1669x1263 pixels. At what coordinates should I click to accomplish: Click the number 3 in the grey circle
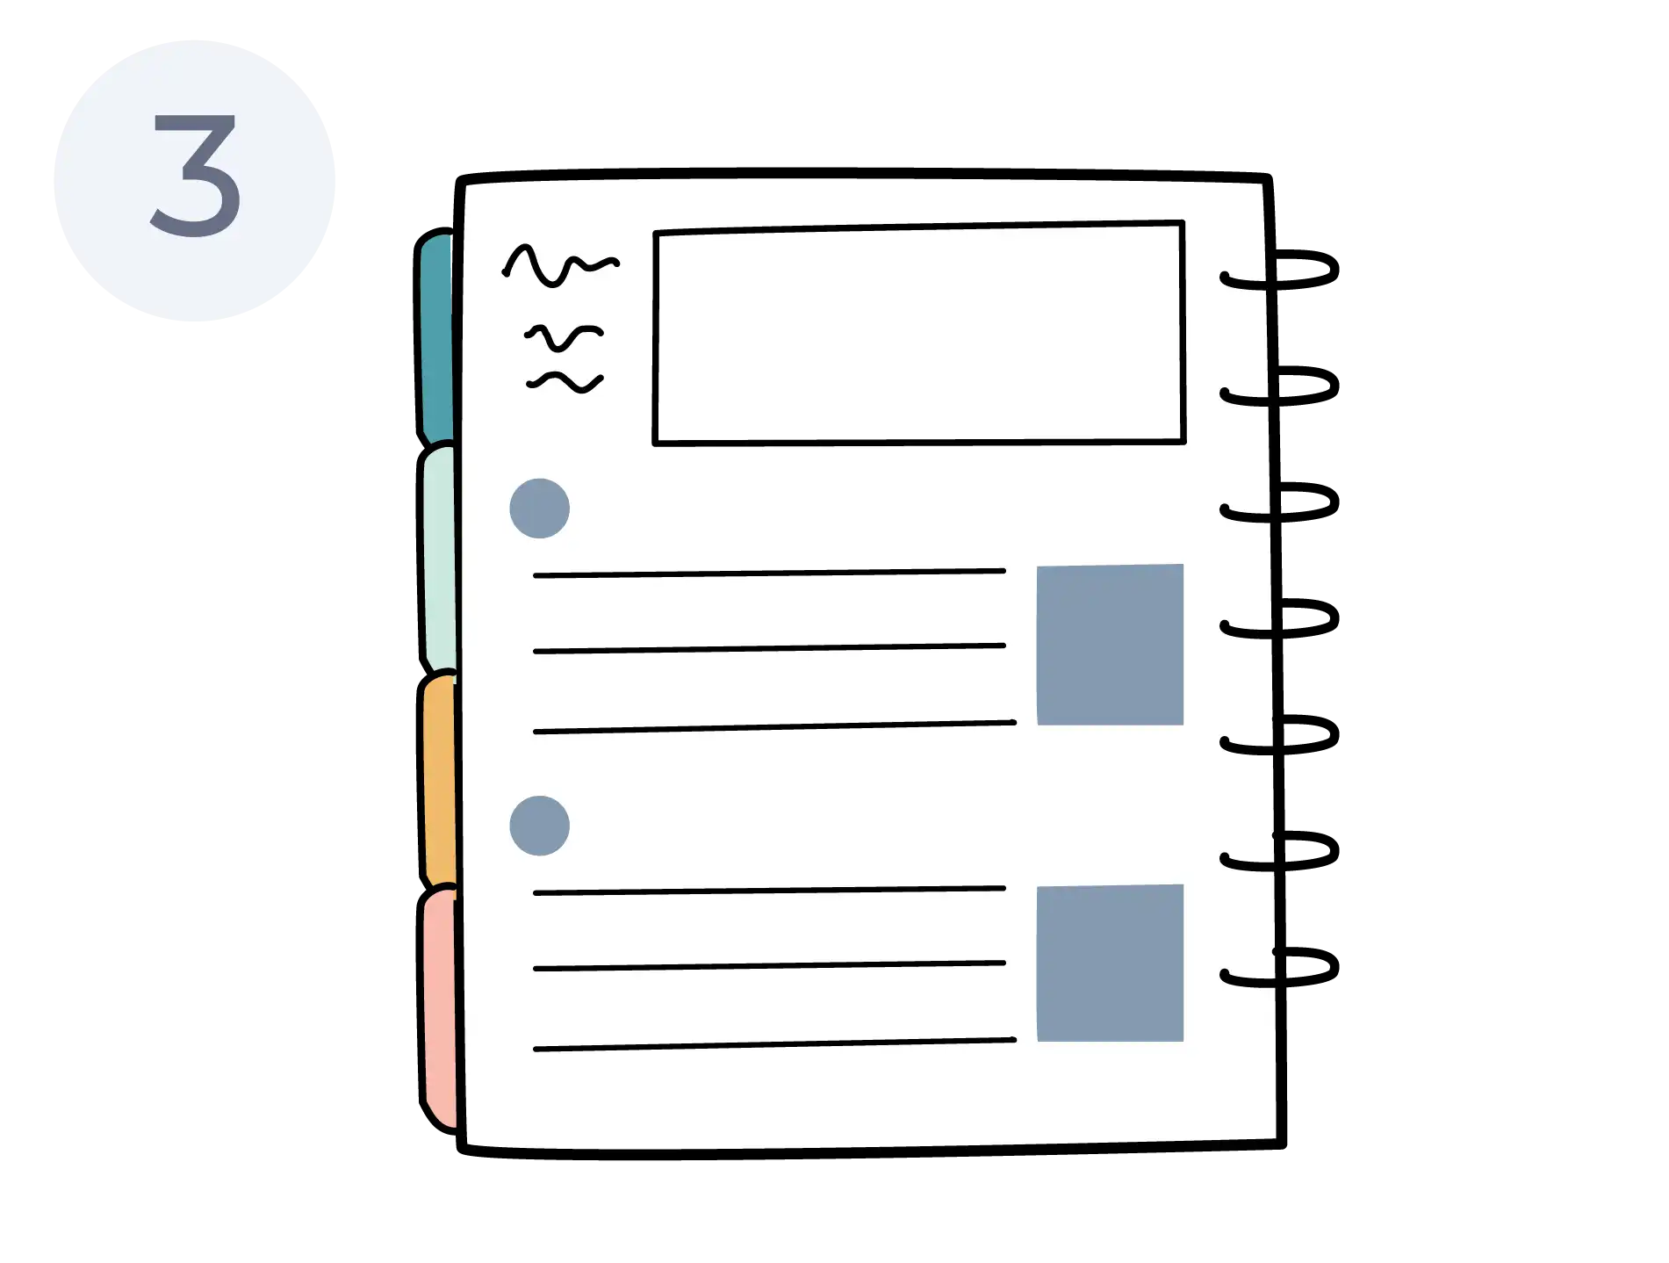pyautogui.click(x=196, y=175)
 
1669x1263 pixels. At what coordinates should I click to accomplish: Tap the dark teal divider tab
pyautogui.click(x=435, y=338)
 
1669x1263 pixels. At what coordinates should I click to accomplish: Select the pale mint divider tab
pyautogui.click(x=438, y=559)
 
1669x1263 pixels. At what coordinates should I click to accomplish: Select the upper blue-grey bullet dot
pyautogui.click(x=539, y=509)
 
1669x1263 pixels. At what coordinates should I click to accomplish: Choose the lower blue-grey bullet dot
pyautogui.click(x=539, y=826)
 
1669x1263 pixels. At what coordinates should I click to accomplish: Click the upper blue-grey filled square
pyautogui.click(x=1110, y=645)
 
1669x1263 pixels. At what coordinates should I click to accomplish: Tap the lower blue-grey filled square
pyautogui.click(x=1110, y=963)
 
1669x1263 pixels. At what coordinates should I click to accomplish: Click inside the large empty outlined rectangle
pyautogui.click(x=919, y=334)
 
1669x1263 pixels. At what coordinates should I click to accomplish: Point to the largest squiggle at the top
pyautogui.click(x=559, y=265)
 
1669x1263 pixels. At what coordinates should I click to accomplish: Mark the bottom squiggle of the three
pyautogui.click(x=565, y=382)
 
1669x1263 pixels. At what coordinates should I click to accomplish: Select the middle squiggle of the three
pyautogui.click(x=564, y=336)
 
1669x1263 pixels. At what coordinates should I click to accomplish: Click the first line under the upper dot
pyautogui.click(x=769, y=573)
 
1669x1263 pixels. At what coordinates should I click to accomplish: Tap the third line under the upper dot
pyautogui.click(x=774, y=727)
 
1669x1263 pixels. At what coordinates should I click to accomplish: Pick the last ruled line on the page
pyautogui.click(x=774, y=1044)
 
